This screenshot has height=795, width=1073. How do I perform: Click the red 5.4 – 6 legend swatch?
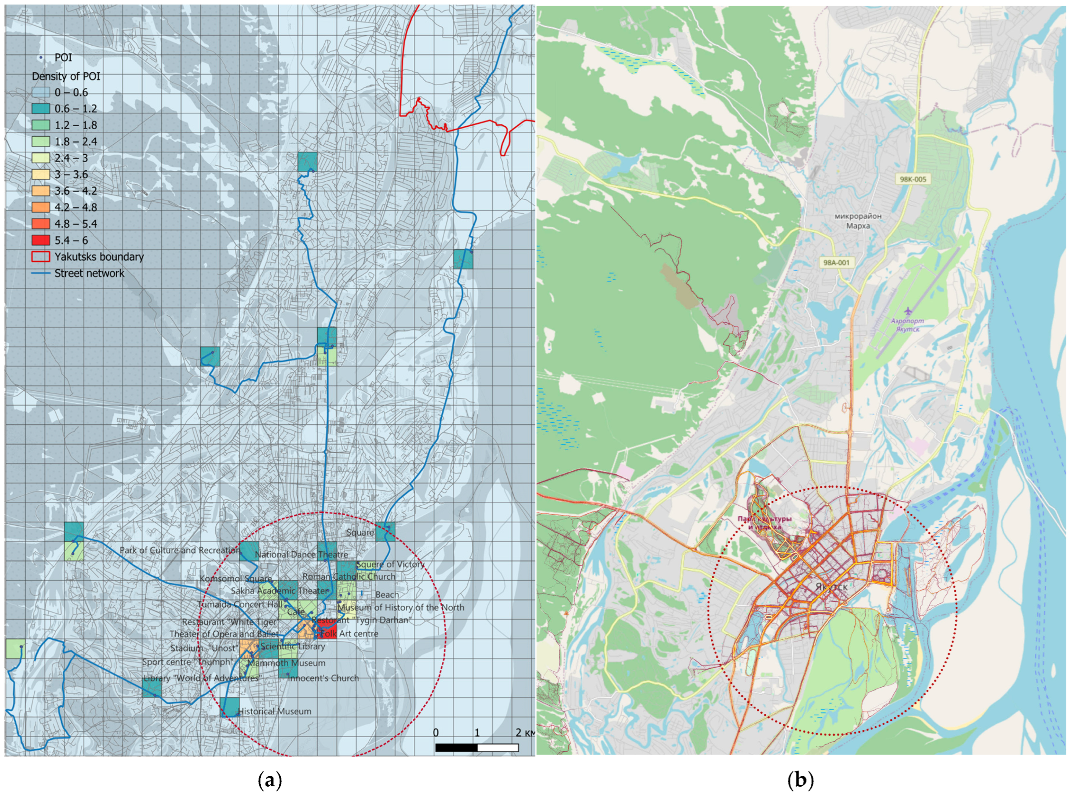click(x=41, y=240)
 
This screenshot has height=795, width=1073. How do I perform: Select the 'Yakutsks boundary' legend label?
click(x=99, y=256)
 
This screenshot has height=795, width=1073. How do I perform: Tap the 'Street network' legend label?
click(x=89, y=273)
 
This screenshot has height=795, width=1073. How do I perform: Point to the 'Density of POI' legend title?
click(x=66, y=76)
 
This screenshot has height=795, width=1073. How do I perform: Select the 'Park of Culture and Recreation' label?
click(x=180, y=550)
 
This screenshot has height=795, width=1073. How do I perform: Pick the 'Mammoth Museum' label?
click(x=286, y=663)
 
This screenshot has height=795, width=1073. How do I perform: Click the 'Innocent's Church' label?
click(x=323, y=678)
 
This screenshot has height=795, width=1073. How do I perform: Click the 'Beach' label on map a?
click(x=387, y=595)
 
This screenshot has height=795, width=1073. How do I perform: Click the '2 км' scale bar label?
click(x=525, y=733)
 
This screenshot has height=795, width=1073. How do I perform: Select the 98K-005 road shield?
click(x=912, y=179)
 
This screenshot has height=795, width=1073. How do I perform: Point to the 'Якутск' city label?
click(x=832, y=586)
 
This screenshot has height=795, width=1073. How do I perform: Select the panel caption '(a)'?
click(x=270, y=780)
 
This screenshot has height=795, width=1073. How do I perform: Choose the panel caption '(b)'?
click(x=799, y=780)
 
